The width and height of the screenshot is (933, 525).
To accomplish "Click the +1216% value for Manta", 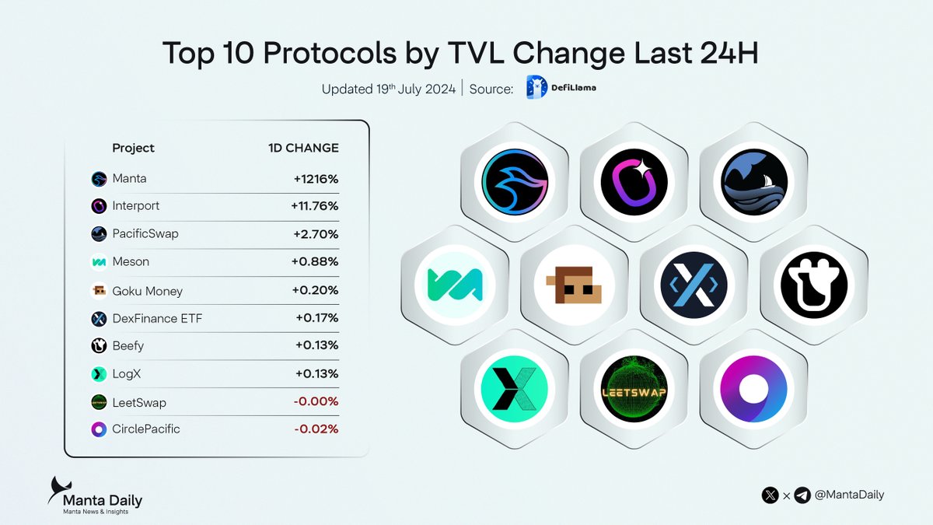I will (x=316, y=179).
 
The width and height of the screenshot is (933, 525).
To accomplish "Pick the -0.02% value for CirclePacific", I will (x=317, y=429).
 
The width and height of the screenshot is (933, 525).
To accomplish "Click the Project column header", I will (x=133, y=148).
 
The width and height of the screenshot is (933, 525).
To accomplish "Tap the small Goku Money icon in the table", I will (x=99, y=291).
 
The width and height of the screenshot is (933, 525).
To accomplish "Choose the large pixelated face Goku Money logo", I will (x=574, y=284).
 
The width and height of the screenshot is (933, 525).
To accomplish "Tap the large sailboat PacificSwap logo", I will (x=753, y=182).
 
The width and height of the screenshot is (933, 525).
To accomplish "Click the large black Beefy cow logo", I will (x=813, y=284).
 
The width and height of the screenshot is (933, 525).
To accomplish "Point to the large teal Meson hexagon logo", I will (x=455, y=284).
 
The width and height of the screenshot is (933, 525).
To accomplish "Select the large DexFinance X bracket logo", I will (x=694, y=284).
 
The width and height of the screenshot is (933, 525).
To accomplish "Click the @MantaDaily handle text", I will (x=850, y=495).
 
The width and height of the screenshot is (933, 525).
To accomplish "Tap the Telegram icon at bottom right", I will (x=802, y=495).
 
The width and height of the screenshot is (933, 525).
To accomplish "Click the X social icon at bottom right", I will (x=771, y=495).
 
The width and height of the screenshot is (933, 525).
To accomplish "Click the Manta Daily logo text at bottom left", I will (x=103, y=500).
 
